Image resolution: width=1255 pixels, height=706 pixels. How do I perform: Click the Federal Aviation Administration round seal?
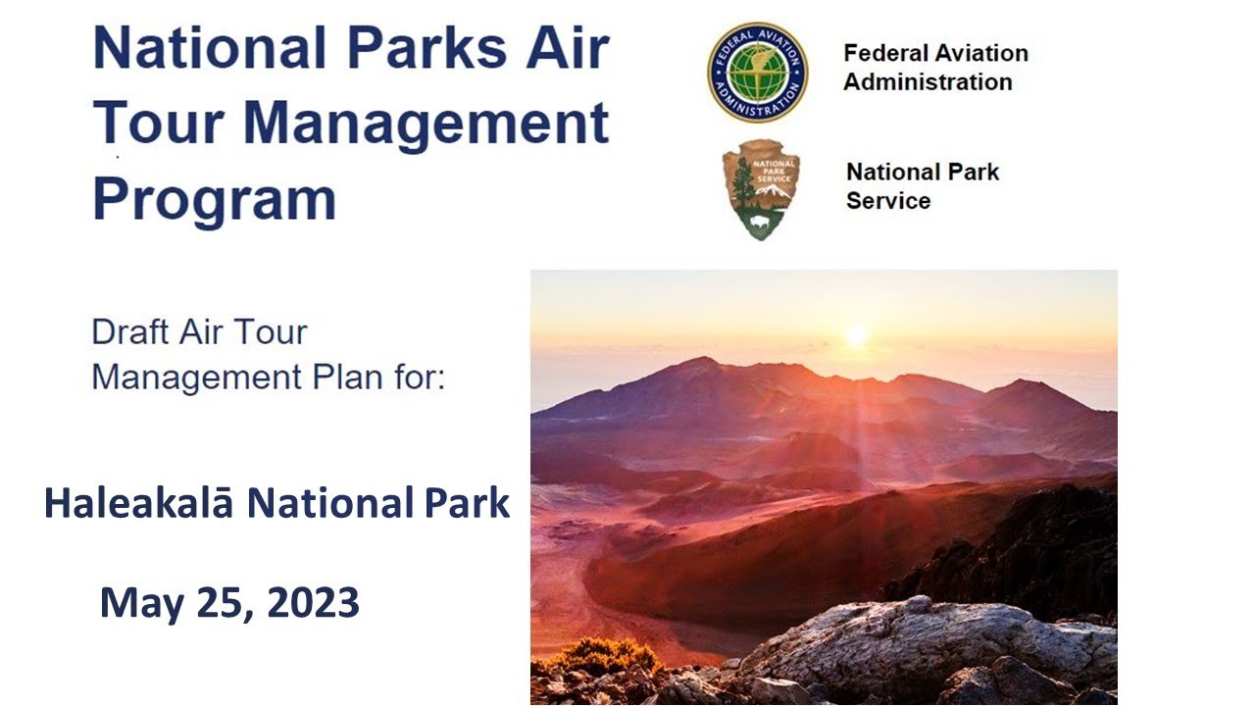pyautogui.click(x=758, y=73)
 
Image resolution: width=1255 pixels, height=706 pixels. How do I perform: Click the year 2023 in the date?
pyautogui.click(x=313, y=603)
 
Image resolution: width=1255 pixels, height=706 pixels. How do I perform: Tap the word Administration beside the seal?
pyautogui.click(x=928, y=82)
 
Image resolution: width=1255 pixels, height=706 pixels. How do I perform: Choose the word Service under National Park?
pyautogui.click(x=888, y=201)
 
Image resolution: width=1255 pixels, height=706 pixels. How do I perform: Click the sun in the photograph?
pyautogui.click(x=856, y=334)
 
